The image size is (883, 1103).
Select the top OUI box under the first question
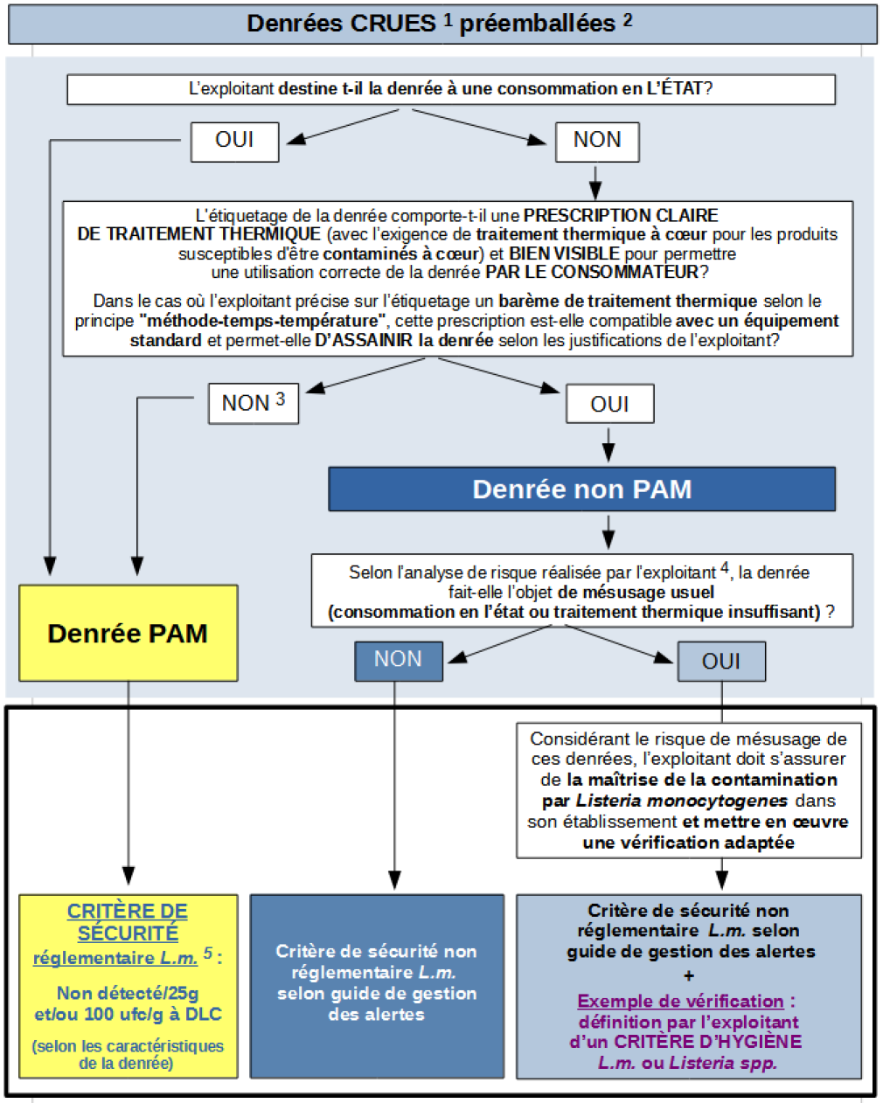click(234, 141)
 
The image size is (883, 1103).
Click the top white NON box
click(597, 141)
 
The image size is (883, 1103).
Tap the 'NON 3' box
click(254, 403)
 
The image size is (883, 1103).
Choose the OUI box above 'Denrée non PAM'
click(609, 404)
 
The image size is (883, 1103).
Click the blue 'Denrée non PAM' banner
click(581, 489)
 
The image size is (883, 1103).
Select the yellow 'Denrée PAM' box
click(128, 633)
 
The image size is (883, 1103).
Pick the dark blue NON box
click(398, 660)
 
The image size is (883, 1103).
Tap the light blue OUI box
click(721, 662)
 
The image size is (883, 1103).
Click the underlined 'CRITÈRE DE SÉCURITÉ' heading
click(128, 922)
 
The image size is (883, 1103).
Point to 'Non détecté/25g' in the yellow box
click(128, 993)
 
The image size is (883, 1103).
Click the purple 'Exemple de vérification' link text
click(680, 1002)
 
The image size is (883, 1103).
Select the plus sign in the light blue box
click(689, 975)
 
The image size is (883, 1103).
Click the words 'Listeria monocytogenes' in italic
click(682, 801)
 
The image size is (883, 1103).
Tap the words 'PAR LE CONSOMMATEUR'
click(592, 272)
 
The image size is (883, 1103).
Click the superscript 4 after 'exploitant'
click(725, 568)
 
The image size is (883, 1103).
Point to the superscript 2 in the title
click(628, 19)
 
